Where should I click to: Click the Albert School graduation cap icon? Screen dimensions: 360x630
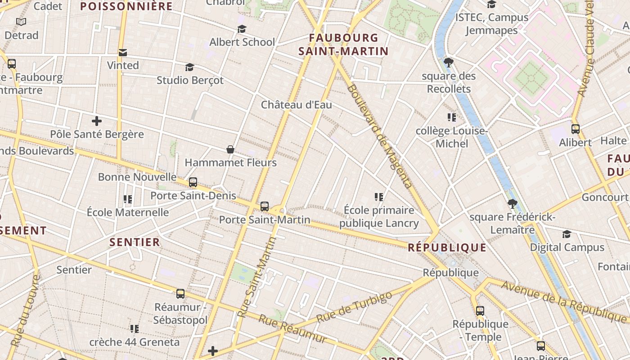[242, 29]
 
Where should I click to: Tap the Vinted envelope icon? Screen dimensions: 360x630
[122, 53]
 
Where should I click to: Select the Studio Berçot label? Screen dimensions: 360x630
[190, 80]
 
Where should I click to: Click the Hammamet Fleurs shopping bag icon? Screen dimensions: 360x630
[230, 149]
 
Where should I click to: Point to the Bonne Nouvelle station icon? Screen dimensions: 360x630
[193, 182]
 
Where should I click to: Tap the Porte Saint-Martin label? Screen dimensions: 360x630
[265, 220]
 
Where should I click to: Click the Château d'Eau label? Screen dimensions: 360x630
[297, 105]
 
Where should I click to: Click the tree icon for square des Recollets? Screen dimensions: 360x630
[448, 63]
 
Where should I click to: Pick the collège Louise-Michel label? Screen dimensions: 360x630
[451, 137]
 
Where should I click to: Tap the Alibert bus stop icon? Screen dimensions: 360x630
[575, 129]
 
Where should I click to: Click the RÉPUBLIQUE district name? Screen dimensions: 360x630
[447, 247]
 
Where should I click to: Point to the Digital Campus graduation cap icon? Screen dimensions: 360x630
[567, 234]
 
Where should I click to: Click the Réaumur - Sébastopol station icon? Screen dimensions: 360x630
[180, 294]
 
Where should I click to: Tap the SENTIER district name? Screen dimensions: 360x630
[135, 242]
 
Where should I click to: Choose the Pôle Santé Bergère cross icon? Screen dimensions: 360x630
[96, 121]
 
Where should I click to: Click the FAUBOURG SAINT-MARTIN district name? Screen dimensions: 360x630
[343, 44]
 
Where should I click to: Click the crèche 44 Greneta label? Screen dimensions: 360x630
[134, 342]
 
